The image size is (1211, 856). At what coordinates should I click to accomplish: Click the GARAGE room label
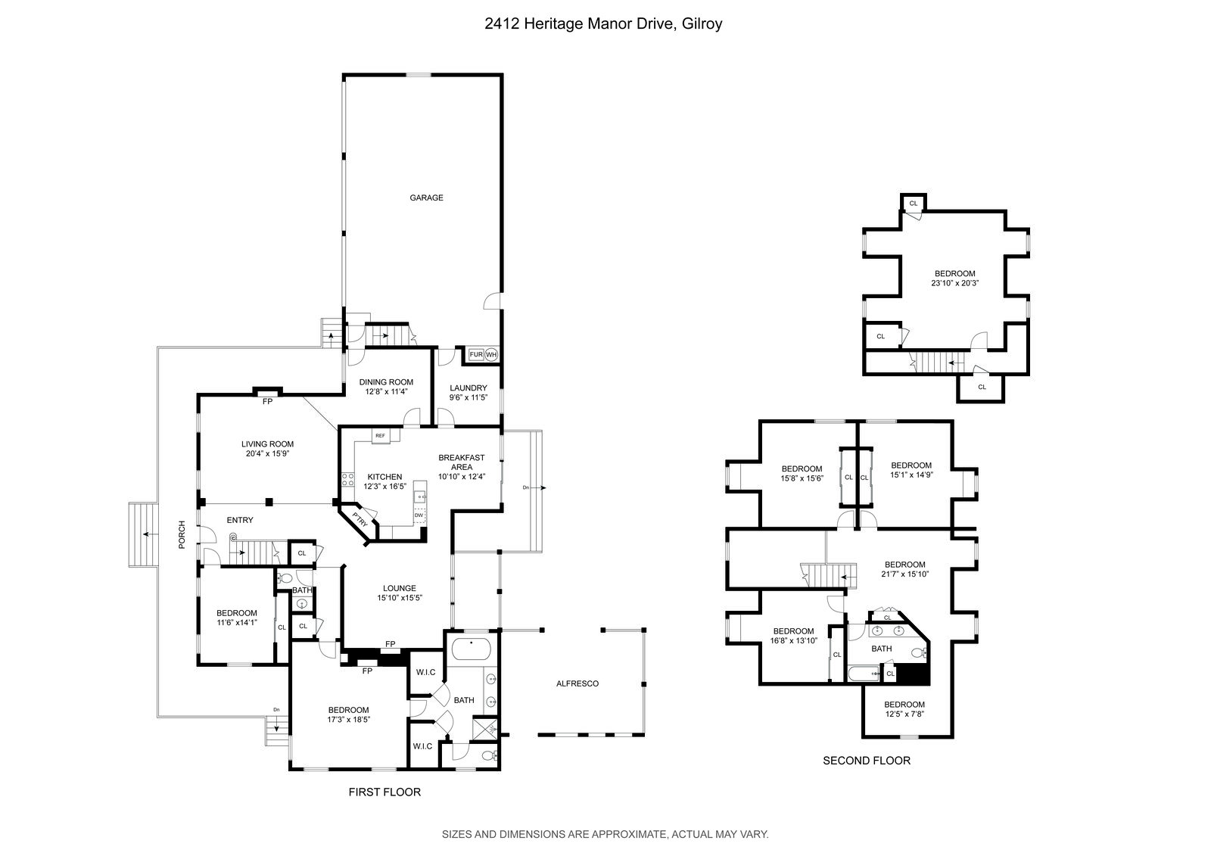coord(426,198)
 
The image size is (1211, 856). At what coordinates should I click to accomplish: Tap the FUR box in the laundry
coord(476,354)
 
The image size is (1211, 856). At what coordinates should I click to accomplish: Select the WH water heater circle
coord(491,354)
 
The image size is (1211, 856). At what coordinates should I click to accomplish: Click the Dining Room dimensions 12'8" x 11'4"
coord(386,392)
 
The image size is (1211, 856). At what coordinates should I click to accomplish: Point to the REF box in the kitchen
coord(380,436)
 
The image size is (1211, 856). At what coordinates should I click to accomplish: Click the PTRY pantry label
coord(360,521)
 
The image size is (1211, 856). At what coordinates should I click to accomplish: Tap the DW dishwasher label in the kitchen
coord(419,515)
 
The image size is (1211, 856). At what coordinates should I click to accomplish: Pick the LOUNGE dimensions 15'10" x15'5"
coord(400,598)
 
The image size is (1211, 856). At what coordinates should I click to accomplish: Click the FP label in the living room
coord(267,401)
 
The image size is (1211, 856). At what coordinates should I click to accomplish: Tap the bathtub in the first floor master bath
coord(471,649)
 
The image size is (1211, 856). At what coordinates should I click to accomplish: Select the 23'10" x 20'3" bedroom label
coord(955,284)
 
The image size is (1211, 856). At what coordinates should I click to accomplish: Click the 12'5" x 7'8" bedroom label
coord(905,714)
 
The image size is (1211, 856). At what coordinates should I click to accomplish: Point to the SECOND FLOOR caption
coord(867,761)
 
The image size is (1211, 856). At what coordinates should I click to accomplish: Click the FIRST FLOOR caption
coord(384,792)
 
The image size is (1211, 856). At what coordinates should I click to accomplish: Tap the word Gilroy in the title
coord(702,23)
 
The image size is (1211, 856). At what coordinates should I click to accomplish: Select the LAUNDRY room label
coord(469,388)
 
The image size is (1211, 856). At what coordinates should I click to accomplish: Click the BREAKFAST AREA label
coord(461,462)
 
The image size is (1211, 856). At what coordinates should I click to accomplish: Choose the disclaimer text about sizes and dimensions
coord(605,834)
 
